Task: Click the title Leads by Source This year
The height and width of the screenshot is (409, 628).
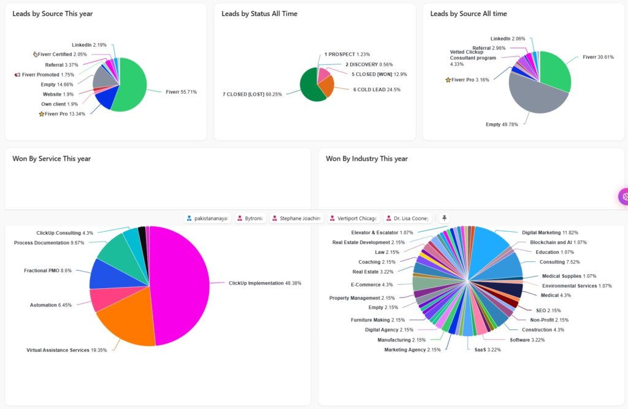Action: point(53,13)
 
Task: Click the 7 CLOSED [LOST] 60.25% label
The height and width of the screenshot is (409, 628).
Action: point(252,94)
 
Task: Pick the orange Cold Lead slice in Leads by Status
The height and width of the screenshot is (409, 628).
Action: point(327,86)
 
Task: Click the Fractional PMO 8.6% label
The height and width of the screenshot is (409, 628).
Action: point(48,270)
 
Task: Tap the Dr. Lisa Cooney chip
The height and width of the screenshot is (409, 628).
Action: point(408,218)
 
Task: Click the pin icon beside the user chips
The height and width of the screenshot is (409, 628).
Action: point(444,218)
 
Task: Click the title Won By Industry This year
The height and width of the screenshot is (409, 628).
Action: point(366,159)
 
